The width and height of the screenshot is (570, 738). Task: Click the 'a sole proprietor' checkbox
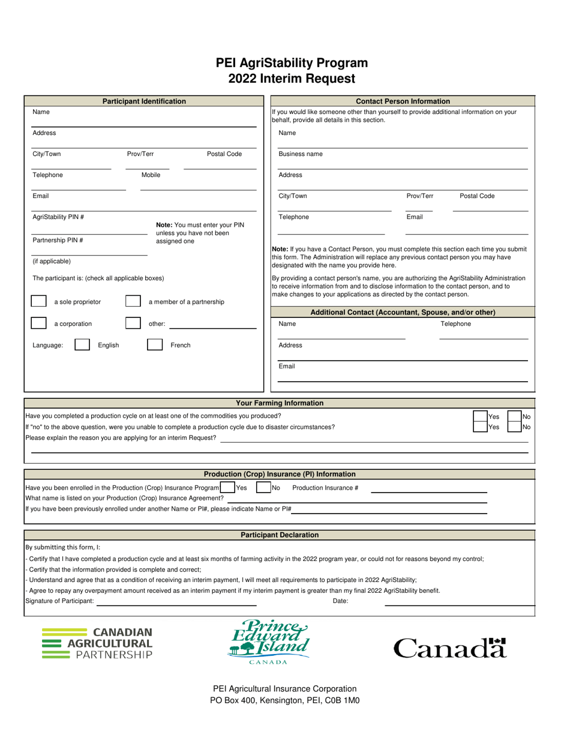(38, 301)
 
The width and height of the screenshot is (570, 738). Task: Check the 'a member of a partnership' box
(133, 301)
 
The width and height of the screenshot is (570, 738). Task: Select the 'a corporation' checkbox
(38, 323)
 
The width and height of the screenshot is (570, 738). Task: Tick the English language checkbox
(82, 345)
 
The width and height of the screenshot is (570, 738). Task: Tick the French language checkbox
(155, 345)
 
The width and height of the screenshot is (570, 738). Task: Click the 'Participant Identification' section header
(144, 101)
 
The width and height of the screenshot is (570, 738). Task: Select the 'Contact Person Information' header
(403, 101)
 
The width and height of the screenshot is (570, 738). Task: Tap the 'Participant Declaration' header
(280, 535)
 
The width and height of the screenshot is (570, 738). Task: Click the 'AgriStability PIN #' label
(58, 217)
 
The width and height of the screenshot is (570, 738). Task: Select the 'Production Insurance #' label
(325, 488)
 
